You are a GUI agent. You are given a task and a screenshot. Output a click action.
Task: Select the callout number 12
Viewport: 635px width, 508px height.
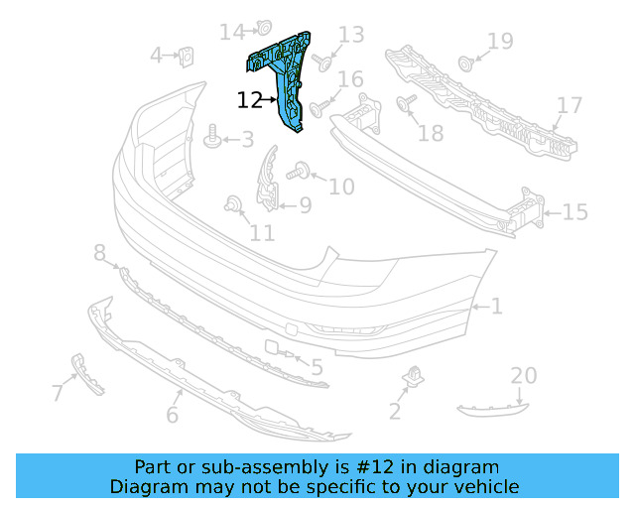coord(250,100)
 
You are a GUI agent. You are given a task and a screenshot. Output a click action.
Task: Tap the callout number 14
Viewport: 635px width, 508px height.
coord(231,33)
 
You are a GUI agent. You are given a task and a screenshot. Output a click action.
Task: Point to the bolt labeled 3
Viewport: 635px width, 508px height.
coord(211,138)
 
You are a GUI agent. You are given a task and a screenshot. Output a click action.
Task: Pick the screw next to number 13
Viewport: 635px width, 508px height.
coord(321,62)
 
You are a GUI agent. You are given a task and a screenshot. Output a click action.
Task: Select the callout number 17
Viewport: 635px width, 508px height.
coord(569,105)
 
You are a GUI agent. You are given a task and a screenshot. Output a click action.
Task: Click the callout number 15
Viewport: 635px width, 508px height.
coord(575,212)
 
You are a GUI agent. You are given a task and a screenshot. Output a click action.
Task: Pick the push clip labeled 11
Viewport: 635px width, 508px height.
coord(234,204)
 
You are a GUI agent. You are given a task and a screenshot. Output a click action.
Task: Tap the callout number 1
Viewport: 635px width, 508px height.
coord(496,308)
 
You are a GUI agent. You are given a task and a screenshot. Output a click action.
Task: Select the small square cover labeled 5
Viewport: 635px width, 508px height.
coord(271,348)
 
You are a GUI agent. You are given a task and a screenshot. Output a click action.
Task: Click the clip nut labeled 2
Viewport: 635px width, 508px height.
coord(412,378)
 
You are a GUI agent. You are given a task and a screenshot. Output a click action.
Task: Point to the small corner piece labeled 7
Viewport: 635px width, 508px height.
coord(87,374)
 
